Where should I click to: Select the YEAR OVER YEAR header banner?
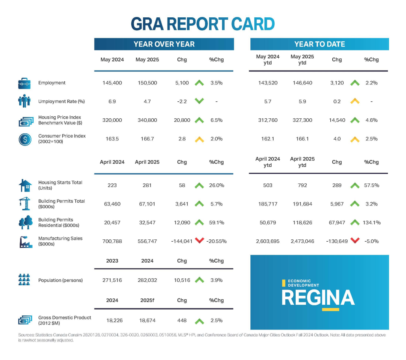[164, 44]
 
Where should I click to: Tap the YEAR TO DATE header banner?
[319, 44]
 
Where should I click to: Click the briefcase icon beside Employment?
[24, 83]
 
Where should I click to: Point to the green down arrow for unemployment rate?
[199, 101]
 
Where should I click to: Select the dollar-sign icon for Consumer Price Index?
[24, 139]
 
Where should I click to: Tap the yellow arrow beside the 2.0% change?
[199, 139]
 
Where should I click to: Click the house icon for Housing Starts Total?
[24, 185]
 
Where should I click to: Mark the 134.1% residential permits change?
[371, 222]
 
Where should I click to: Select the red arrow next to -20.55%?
[199, 241]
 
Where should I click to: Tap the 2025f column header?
[147, 300]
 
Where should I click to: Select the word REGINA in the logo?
[318, 298]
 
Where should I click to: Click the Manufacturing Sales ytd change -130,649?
[336, 241]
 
